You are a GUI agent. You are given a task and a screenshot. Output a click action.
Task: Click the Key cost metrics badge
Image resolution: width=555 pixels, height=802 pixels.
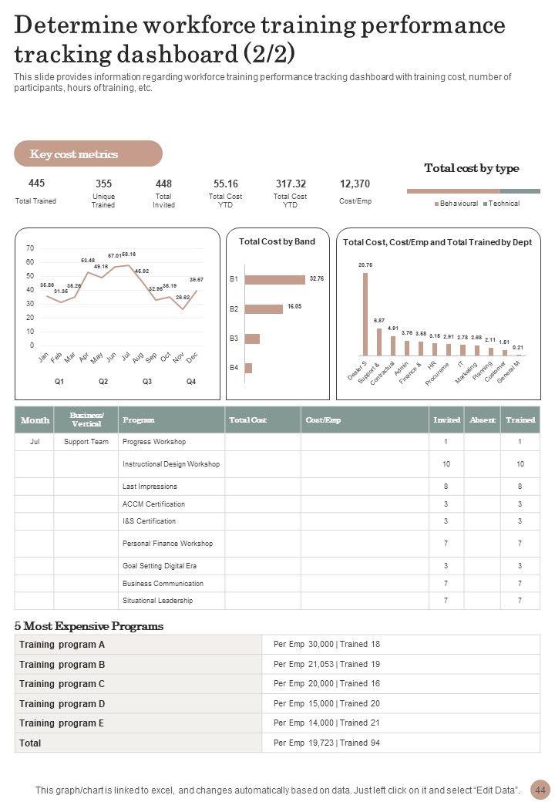[x=88, y=153]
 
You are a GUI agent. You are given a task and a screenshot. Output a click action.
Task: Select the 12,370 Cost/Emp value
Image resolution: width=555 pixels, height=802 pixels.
[x=355, y=184]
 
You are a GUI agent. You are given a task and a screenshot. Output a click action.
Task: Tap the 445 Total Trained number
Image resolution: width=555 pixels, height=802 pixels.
[x=36, y=183]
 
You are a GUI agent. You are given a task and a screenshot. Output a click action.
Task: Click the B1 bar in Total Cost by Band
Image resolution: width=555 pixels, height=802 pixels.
[x=274, y=278]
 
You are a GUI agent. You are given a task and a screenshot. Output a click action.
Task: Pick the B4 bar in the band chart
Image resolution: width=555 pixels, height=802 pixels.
[x=248, y=368]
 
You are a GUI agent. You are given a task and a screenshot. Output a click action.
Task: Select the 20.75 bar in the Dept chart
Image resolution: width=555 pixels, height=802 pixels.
[x=365, y=314]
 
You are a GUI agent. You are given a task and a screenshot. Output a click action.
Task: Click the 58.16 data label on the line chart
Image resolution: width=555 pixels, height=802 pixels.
[x=129, y=254]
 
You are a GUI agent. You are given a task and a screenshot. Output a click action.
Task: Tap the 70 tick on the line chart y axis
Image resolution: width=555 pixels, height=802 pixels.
[x=30, y=248]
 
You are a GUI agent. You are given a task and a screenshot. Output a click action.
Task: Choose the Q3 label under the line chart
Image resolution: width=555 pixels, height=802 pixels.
[x=147, y=382]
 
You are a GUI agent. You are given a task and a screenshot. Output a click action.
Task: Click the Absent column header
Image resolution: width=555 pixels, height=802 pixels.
[x=483, y=420]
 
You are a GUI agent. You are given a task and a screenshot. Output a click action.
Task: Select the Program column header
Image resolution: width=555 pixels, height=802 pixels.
[x=139, y=420]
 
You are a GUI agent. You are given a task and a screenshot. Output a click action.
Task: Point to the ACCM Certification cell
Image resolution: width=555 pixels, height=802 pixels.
[x=154, y=504]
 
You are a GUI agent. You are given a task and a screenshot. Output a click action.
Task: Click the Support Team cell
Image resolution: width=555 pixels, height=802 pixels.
[x=86, y=442]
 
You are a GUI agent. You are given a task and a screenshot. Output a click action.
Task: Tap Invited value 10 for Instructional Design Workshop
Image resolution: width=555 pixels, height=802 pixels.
[x=446, y=463]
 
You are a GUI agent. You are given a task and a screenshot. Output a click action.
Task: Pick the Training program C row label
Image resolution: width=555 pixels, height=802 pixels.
[x=62, y=684]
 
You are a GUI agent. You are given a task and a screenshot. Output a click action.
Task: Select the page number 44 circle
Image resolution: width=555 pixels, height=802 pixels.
[x=540, y=790]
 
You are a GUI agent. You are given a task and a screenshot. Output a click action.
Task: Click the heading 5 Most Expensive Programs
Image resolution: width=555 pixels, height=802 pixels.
[x=89, y=626]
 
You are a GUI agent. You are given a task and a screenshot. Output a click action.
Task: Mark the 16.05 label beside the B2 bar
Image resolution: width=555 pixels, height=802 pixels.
[x=294, y=306]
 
